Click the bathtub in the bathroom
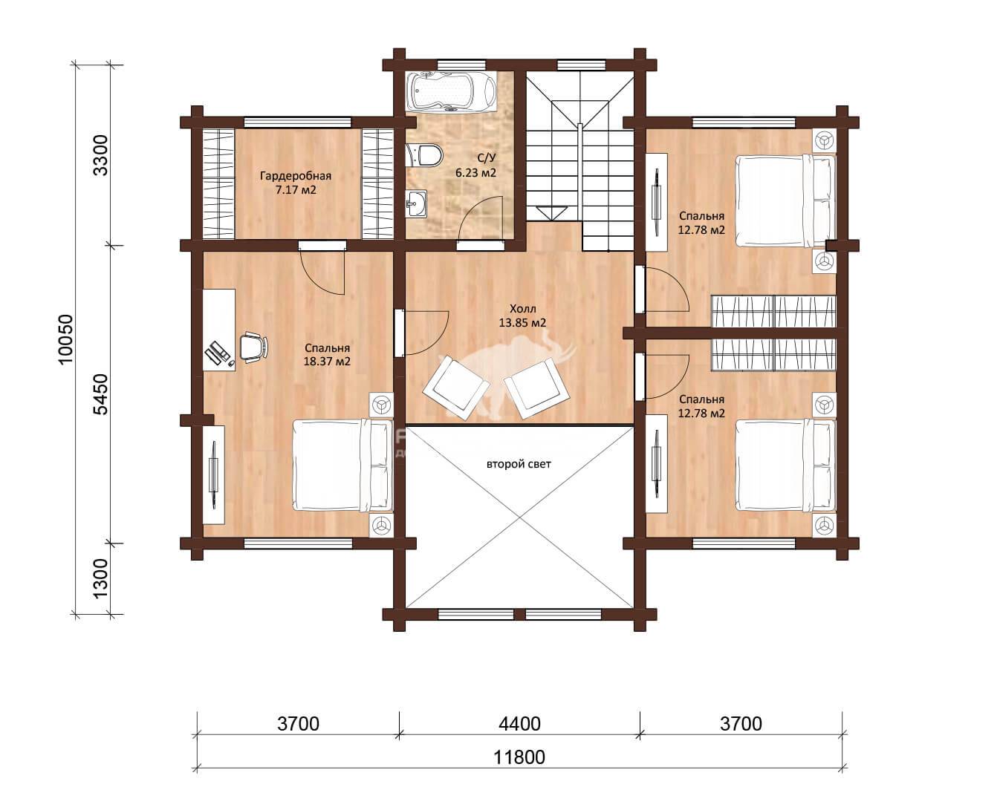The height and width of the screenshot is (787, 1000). point(451,91)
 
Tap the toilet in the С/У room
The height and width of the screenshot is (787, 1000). point(424,154)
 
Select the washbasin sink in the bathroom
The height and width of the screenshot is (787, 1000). point(416,203)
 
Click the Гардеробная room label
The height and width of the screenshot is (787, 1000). point(296,176)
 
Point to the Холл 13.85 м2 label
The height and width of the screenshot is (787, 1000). point(522,316)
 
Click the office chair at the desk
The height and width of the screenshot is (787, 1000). point(254,347)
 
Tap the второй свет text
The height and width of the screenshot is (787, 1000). point(519,464)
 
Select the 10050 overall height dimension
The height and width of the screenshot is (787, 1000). point(67,339)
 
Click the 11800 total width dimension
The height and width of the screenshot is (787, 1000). point(519,757)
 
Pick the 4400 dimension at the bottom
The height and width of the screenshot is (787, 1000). point(519,724)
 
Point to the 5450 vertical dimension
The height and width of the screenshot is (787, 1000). point(100,394)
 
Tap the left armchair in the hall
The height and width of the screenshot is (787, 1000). point(456,388)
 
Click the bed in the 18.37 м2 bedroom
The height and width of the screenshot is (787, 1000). point(342,466)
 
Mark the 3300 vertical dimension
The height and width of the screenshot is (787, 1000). point(100,155)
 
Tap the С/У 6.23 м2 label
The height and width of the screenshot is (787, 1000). point(475,166)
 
